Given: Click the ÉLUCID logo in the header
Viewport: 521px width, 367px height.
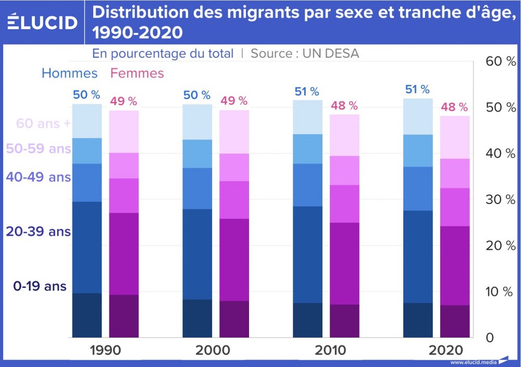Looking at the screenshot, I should tap(42, 22).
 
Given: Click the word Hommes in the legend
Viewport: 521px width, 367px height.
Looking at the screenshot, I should tap(69, 73).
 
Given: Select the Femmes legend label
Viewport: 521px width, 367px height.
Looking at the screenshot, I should tap(137, 73).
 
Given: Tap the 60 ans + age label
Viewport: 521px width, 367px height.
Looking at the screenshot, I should tap(43, 124).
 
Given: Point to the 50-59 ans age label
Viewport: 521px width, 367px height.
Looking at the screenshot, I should tap(38, 149).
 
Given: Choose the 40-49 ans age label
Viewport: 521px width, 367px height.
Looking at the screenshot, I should tap(38, 177).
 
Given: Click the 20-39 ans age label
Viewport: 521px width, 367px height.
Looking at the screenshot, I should tap(38, 232).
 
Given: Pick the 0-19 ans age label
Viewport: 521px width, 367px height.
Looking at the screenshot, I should tap(40, 286).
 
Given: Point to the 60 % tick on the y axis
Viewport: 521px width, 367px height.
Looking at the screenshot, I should tap(500, 61).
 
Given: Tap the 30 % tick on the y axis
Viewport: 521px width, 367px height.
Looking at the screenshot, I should tap(500, 200).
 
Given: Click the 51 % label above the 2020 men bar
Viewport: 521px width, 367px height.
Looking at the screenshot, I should tap(417, 90).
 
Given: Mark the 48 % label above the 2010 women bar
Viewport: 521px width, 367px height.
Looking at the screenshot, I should tap(344, 106).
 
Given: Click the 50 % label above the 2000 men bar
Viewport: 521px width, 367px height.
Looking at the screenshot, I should tap(196, 95).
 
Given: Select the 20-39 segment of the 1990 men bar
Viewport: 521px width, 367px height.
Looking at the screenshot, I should tap(87, 247).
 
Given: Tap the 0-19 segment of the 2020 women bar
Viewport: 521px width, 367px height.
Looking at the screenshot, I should tap(455, 321).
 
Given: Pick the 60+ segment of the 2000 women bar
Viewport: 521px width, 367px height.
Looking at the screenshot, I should tap(234, 132).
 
